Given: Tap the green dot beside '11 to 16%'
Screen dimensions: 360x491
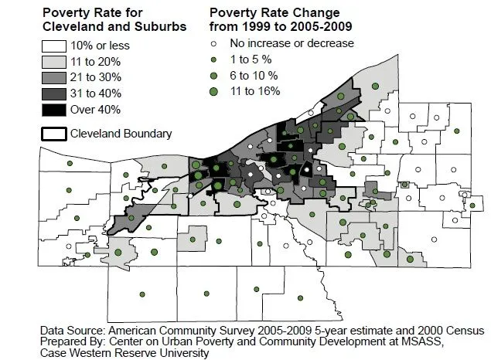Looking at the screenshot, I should tap(213, 92).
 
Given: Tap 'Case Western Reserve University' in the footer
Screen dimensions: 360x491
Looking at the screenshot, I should tap(124, 353).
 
